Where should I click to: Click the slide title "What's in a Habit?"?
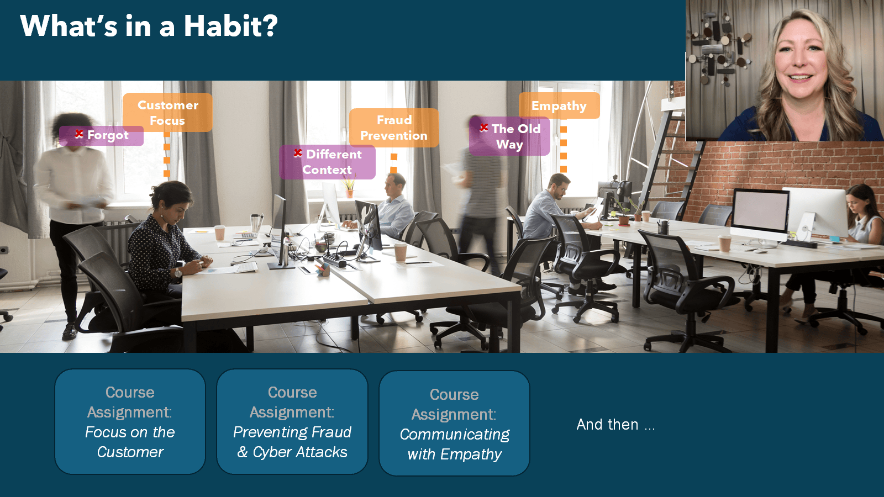[x=149, y=26]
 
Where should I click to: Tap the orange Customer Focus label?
[x=168, y=113]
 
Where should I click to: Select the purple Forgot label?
[x=102, y=136]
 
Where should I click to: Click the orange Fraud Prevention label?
[x=394, y=128]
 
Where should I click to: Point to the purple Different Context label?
[x=327, y=162]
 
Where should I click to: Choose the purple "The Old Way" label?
[x=509, y=136]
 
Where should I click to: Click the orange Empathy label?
[x=559, y=105]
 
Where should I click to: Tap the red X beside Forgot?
[x=79, y=134]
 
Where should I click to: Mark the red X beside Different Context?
[x=298, y=152]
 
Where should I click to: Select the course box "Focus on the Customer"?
[x=130, y=422]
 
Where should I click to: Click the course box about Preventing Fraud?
[x=292, y=422]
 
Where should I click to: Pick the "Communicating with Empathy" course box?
[x=454, y=423]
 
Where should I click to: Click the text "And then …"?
[x=615, y=425]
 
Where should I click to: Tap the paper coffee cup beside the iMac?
[x=724, y=244]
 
